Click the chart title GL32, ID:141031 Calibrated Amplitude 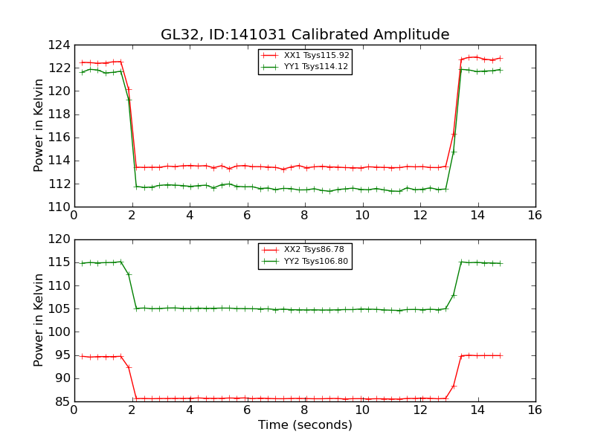click(305, 35)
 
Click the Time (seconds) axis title click(305, 425)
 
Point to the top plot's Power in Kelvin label click(39, 126)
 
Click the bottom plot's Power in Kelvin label click(39, 320)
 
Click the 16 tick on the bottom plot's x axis click(535, 410)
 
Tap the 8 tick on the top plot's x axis click(304, 215)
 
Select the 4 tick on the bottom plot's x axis click(189, 410)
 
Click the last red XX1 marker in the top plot click(500, 58)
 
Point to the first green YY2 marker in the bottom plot click(82, 263)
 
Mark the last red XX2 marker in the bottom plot click(500, 355)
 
